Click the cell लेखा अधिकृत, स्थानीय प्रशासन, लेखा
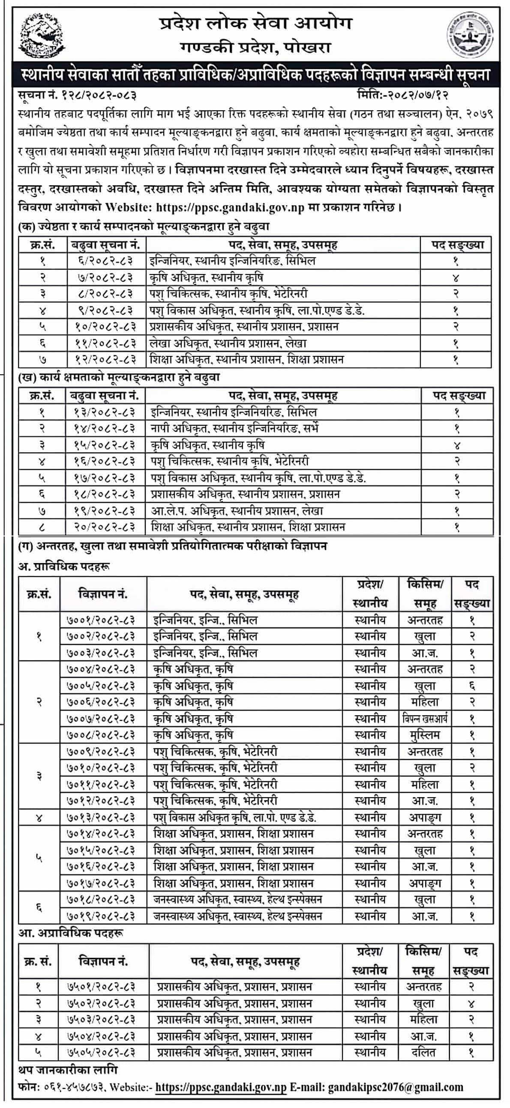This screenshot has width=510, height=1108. (228, 343)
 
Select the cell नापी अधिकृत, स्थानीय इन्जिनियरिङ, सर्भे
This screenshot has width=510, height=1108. (234, 428)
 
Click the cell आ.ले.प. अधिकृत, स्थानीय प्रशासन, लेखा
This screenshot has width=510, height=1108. (237, 511)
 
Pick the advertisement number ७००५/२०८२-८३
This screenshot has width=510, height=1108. (102, 686)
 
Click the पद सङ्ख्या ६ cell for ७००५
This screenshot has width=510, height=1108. (472, 686)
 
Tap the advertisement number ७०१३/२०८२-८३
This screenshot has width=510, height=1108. (102, 817)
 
